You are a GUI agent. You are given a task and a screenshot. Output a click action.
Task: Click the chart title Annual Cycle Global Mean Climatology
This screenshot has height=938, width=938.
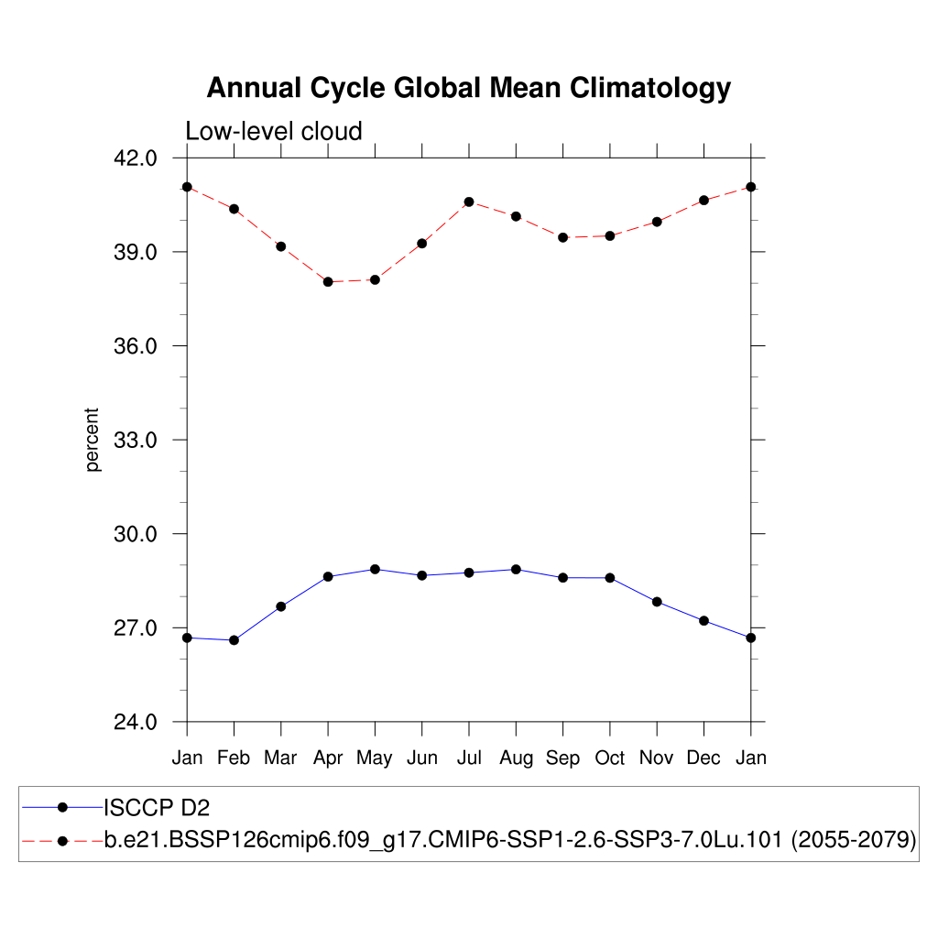(468, 88)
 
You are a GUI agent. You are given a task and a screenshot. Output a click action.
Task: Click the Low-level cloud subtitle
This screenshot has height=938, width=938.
(274, 131)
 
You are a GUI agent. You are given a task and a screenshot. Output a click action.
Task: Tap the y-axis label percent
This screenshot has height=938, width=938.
(93, 440)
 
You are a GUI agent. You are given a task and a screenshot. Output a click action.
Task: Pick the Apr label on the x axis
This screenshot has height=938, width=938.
(328, 758)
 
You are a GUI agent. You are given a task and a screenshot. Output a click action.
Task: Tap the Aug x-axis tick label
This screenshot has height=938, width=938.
(516, 758)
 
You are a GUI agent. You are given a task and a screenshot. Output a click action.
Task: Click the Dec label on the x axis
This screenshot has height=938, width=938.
(703, 758)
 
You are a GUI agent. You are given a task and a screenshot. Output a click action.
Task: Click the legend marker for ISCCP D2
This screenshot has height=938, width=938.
(62, 807)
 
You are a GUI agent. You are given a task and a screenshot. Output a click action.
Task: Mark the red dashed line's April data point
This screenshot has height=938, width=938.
(328, 282)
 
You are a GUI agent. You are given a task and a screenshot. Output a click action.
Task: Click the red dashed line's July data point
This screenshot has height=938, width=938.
(469, 202)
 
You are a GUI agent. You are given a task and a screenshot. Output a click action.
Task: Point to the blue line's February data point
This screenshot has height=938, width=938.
(234, 640)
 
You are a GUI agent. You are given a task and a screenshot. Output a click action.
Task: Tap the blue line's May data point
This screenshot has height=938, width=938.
(375, 569)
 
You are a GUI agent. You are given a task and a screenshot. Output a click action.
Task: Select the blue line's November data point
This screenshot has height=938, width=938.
(657, 602)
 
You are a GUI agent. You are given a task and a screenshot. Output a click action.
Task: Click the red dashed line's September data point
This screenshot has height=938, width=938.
(562, 237)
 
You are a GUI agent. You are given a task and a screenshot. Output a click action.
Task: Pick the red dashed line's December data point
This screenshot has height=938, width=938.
(703, 200)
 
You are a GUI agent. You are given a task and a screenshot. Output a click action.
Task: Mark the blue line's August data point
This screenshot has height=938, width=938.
(516, 569)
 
